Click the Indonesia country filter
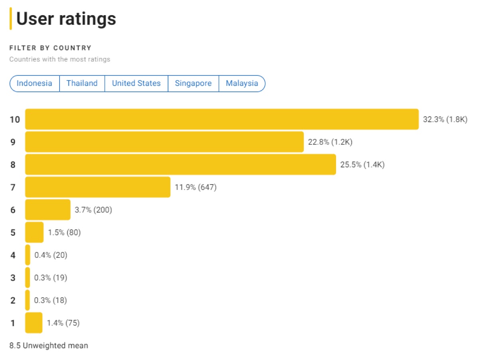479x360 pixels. (34, 84)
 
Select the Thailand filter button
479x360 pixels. (82, 84)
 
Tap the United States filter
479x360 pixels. (136, 84)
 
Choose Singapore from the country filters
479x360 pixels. (193, 84)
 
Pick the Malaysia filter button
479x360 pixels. (242, 84)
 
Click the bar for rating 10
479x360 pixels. (222, 119)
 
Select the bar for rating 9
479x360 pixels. (164, 142)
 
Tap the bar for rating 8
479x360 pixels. (180, 164)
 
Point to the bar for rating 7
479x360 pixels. (98, 187)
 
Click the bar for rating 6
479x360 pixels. (48, 210)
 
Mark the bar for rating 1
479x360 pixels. (34, 322)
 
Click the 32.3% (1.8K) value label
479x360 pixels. (445, 119)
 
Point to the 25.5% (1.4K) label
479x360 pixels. (362, 165)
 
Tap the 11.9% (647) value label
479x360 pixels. (196, 187)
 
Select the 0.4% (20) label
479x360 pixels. (51, 255)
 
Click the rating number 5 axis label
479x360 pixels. (13, 233)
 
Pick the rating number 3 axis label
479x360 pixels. (13, 278)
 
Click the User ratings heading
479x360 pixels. (66, 19)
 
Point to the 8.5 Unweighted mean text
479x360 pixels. (49, 346)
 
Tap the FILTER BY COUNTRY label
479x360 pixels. (50, 48)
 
